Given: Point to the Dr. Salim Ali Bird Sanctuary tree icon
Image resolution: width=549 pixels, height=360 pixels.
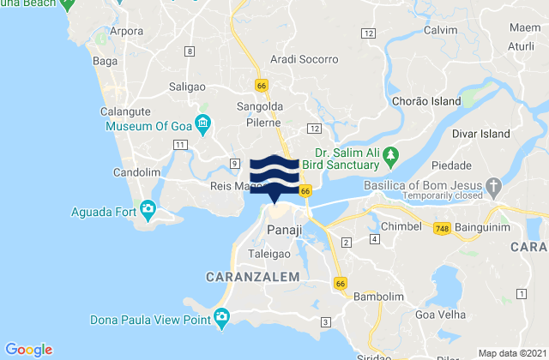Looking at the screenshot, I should (391, 155).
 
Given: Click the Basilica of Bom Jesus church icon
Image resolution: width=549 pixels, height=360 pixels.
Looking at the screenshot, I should (494, 184).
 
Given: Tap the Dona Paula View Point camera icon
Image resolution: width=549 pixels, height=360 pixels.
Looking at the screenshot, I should (222, 319).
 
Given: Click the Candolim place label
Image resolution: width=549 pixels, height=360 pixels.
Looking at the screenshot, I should (135, 172).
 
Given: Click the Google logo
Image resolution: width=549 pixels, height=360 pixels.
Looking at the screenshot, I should (30, 349).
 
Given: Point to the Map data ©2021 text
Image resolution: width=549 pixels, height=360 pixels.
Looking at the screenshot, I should (510, 352).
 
